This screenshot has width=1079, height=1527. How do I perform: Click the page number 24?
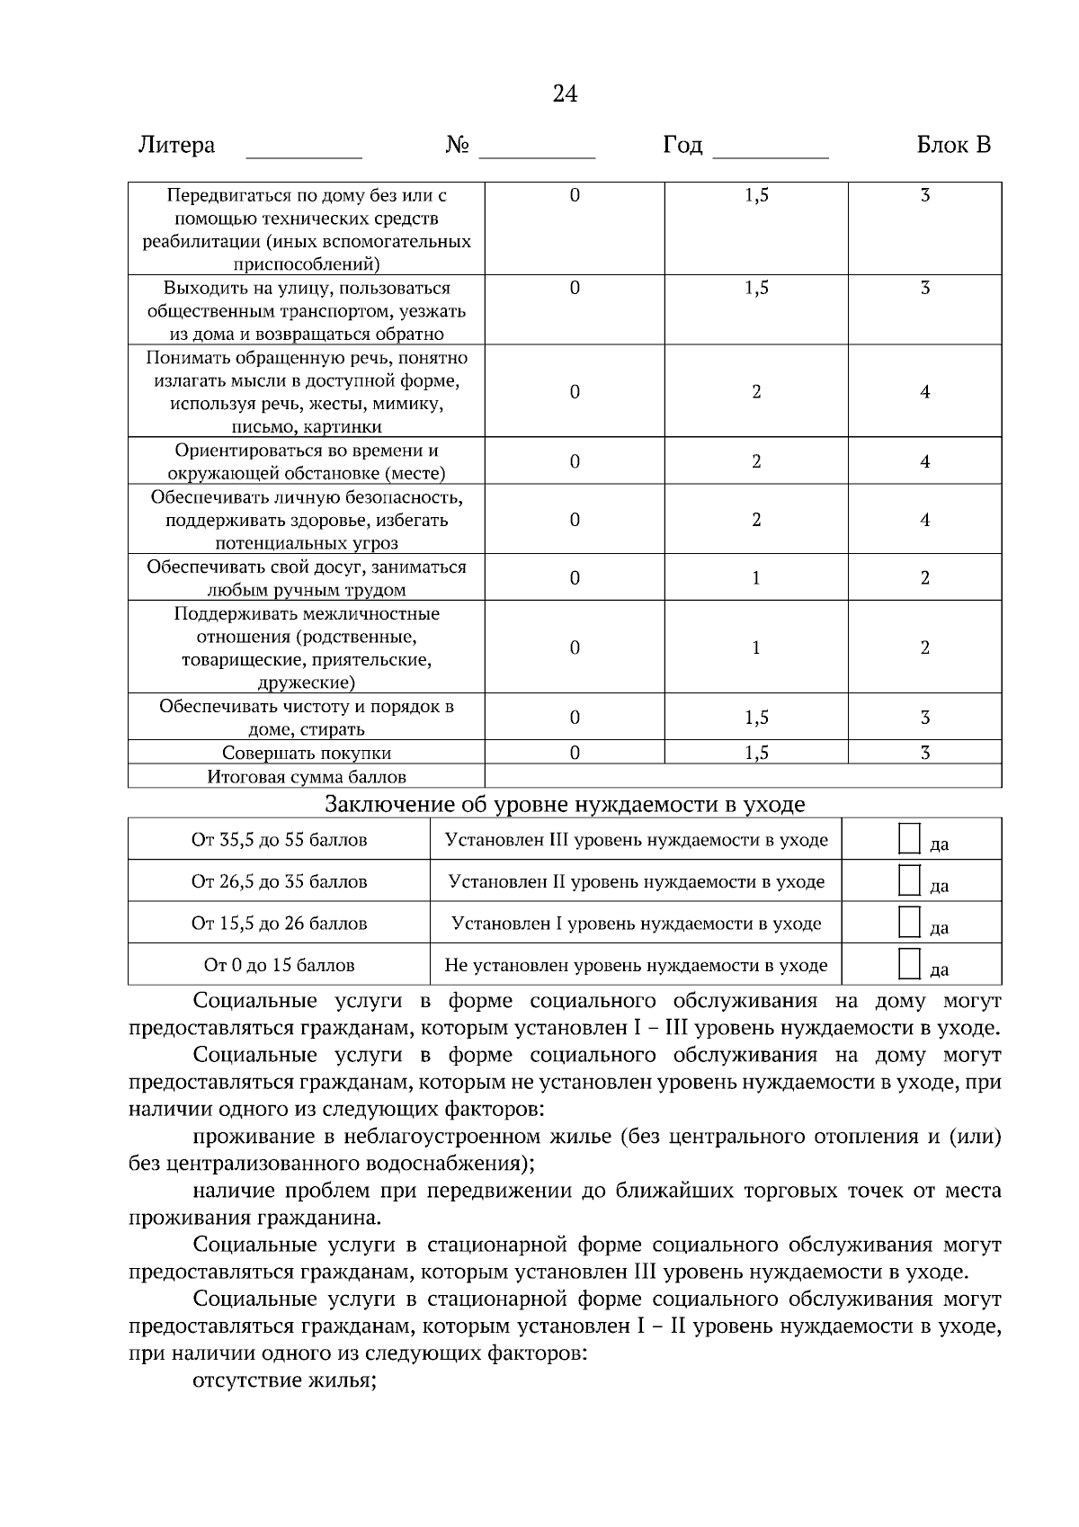coord(565,94)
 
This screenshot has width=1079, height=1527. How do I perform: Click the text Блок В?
coord(954,145)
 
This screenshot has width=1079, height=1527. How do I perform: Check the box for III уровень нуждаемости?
coord(910,838)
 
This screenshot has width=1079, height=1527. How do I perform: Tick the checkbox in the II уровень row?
coord(910,880)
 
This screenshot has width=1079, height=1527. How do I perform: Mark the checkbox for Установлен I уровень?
coord(910,922)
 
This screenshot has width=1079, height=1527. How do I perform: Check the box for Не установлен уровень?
coord(910,963)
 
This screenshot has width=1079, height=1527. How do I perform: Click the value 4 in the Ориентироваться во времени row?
coord(924,461)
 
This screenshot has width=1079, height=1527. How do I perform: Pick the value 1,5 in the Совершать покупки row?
coord(756,753)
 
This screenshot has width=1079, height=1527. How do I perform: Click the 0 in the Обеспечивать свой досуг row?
coord(575,577)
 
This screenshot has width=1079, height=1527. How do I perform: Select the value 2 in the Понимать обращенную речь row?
coord(756,391)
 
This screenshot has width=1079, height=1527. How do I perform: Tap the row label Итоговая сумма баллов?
coord(307,777)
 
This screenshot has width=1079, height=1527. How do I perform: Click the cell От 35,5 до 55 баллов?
coord(279,840)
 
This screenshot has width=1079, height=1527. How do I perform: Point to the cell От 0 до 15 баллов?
coord(279,965)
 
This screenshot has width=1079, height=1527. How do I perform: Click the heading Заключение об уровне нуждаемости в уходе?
coord(565,804)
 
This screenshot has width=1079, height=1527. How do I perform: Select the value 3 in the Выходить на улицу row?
coord(924,288)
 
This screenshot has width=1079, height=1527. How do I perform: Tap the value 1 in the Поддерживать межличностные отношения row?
coord(756,647)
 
